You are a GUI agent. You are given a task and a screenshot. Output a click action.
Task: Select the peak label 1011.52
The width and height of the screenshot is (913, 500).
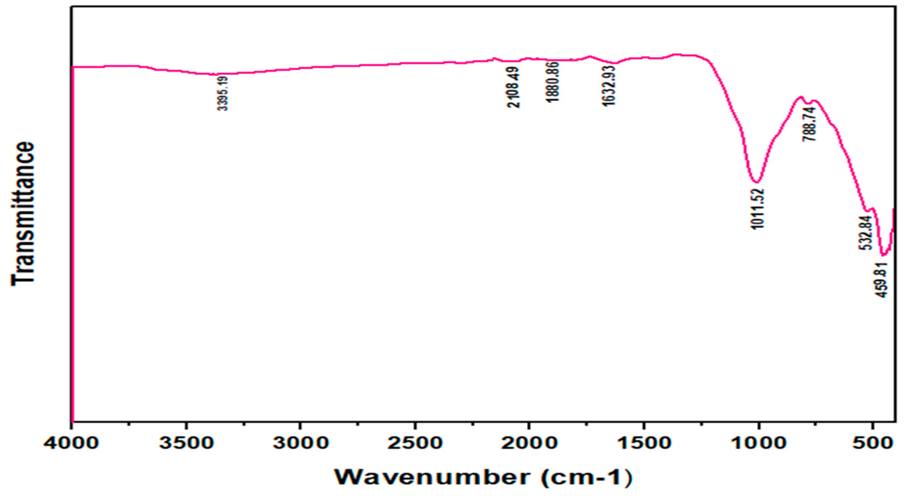point(757,209)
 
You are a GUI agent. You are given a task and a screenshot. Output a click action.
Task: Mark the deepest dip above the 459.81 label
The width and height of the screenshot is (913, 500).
point(883,255)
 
